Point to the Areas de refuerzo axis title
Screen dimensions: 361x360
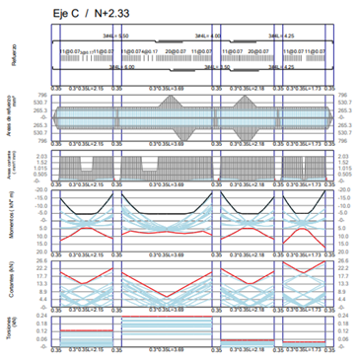(x=14, y=119)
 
